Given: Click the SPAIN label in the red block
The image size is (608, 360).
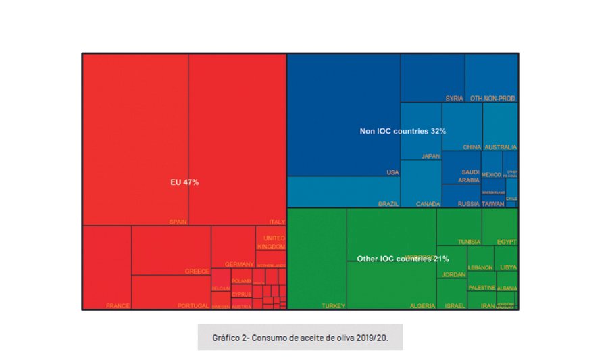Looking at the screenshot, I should (178, 222).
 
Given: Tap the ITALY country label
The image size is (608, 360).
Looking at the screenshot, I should (277, 222).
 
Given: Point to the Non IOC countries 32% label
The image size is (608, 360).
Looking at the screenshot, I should (403, 131).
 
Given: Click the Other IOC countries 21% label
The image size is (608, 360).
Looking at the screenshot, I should (403, 259).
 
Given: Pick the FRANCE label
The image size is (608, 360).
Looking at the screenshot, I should (118, 306).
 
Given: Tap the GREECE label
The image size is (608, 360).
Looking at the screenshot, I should (197, 272).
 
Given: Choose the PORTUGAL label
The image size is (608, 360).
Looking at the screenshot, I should (193, 306).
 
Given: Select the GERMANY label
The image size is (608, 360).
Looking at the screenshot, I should (239, 264).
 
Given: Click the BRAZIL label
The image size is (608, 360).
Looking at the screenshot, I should (388, 203).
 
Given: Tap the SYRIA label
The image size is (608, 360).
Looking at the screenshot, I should (455, 99).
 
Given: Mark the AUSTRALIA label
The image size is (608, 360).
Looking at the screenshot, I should (501, 147).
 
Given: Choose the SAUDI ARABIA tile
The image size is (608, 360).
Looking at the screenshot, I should (469, 176).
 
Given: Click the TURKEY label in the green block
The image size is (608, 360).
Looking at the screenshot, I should (333, 306).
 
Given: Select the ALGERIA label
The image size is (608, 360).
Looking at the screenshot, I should (422, 306).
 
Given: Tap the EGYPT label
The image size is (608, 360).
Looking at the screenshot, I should (507, 242).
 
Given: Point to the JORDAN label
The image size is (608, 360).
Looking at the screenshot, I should (454, 275).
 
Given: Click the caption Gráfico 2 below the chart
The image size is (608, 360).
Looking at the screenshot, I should (301, 336).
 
